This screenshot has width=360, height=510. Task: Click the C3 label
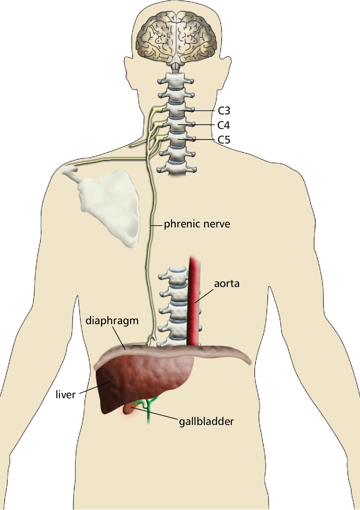pos(224,110)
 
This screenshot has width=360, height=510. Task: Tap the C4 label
pos(224,125)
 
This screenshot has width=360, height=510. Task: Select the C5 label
pos(224,139)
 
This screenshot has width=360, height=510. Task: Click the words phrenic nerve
pos(197,224)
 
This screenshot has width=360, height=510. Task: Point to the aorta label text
pos(227,284)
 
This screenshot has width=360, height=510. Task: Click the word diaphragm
pos(112,321)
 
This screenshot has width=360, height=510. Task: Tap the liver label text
pos(65,395)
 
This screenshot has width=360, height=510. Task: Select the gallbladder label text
pos(206,421)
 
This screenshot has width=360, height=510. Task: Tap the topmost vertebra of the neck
pos(175,80)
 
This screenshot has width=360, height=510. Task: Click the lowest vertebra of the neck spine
pos(175,168)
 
